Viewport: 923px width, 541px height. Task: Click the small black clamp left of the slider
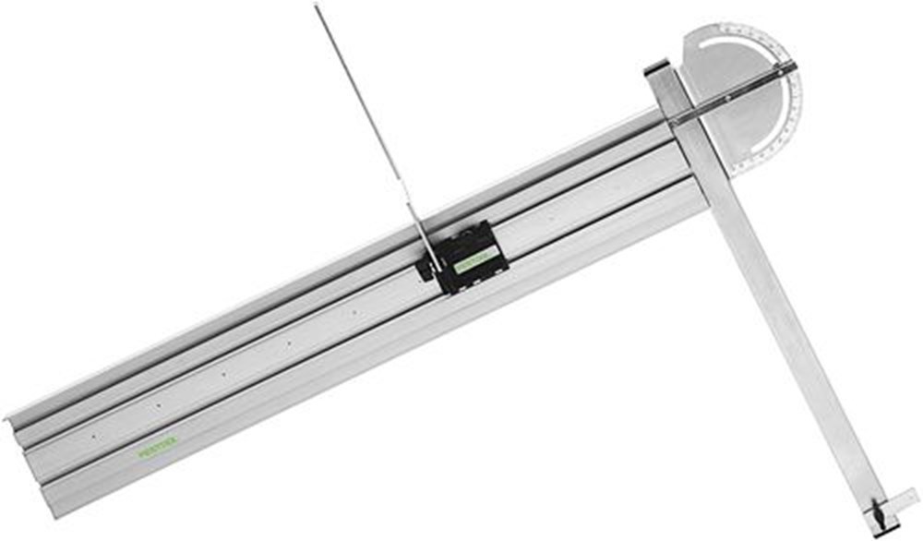(426, 269)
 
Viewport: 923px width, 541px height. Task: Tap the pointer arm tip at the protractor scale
(792, 66)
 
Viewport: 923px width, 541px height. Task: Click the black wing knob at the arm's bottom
(876, 514)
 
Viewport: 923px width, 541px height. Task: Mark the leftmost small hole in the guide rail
(92, 434)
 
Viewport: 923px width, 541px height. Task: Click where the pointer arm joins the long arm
(677, 117)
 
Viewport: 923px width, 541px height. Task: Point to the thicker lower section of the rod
(415, 222)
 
